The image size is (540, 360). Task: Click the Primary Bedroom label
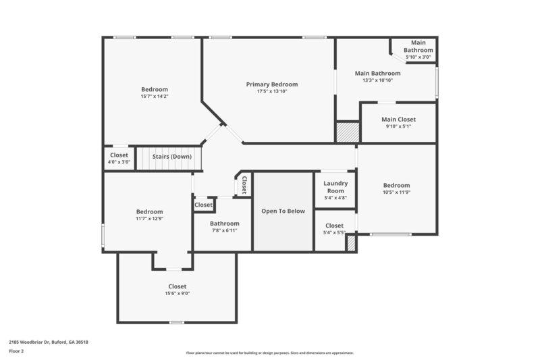pos(271,84)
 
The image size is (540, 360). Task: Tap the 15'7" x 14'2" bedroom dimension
pos(154,97)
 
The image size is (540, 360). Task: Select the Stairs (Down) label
pos(171,157)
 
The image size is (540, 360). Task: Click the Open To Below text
pos(283,211)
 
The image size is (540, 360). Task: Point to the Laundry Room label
pos(335,187)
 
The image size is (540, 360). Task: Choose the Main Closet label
pos(398,120)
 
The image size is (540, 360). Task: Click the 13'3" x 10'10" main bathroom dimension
pos(377,80)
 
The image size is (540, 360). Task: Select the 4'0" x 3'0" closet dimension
pos(119,162)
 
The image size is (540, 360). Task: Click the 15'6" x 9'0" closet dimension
pos(177,294)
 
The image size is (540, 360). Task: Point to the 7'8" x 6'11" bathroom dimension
pos(223,230)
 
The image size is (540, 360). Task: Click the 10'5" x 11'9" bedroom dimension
pos(396,193)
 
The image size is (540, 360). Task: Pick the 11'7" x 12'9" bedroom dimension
pos(149,219)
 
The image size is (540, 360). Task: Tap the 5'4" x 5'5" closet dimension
pos(335,233)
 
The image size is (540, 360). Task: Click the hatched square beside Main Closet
pos(348,131)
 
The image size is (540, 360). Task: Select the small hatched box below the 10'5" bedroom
pos(350,244)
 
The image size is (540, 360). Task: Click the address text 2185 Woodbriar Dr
pos(48,342)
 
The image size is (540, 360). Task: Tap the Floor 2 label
pos(16,352)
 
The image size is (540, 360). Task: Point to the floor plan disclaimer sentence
pos(269,353)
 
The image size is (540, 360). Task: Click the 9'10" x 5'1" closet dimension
pos(398,126)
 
